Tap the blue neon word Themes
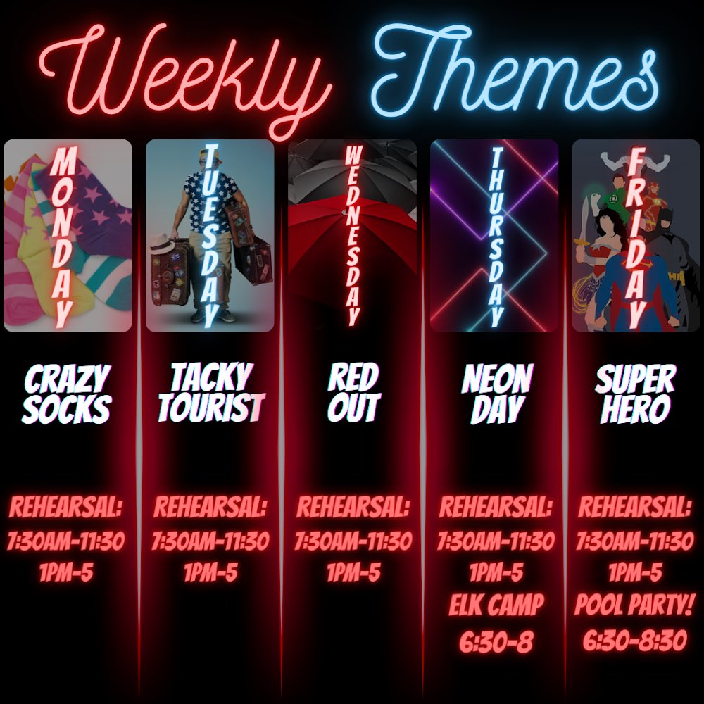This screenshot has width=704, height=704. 514,70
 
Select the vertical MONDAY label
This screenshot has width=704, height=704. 63,236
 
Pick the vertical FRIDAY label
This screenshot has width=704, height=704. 636,236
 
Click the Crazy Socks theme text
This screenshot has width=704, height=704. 67,395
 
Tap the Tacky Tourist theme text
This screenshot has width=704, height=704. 210,395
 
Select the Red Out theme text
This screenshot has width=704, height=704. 353,395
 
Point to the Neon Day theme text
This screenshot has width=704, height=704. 496,395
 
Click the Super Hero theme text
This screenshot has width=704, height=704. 635,395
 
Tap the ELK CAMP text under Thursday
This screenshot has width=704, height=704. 496,605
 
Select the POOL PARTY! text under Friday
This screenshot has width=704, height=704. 635,605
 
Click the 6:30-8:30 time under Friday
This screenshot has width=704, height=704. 635,640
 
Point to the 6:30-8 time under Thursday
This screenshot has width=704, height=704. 496,641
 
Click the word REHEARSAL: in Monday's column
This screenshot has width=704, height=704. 66,506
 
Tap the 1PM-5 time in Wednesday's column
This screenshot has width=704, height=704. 353,572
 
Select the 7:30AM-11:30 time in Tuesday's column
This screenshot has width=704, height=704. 210,541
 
